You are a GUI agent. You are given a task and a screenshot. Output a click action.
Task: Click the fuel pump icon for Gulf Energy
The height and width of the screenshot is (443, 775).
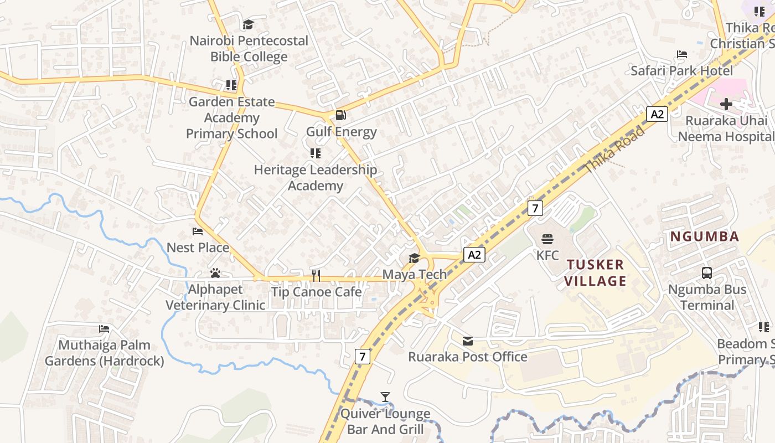(x=341, y=115)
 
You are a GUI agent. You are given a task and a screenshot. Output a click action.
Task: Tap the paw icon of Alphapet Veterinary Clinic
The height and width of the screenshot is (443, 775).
(x=215, y=273)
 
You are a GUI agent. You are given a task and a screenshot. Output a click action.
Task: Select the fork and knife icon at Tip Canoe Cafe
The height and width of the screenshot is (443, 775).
(x=316, y=275)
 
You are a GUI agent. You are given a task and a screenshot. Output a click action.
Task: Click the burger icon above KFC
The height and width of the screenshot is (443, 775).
(x=547, y=239)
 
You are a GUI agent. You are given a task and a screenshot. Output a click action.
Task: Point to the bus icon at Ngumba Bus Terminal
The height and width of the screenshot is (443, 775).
(x=707, y=273)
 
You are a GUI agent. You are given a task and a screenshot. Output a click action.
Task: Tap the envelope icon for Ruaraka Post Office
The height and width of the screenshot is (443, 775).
(x=468, y=341)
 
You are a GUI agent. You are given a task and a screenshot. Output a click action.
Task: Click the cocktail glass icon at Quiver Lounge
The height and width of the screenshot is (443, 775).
(x=385, y=397)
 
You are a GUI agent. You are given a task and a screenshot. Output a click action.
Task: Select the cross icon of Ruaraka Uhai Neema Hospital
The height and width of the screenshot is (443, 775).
(x=726, y=104)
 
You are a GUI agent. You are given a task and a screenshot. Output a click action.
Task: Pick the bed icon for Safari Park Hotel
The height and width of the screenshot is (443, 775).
(x=682, y=54)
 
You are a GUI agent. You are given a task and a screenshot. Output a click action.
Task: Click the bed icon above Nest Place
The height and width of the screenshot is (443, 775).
(x=198, y=231)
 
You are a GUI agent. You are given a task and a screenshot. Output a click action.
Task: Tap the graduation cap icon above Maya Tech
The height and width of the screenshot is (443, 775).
(x=414, y=258)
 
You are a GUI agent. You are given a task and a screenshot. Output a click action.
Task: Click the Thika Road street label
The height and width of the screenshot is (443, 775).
(x=614, y=150)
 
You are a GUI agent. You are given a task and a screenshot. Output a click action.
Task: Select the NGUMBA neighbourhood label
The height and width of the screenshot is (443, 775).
(x=705, y=237)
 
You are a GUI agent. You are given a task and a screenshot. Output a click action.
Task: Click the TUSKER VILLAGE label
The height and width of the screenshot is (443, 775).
(x=595, y=272)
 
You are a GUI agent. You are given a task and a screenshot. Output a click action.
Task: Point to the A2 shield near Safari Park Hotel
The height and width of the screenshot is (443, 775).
(x=657, y=115)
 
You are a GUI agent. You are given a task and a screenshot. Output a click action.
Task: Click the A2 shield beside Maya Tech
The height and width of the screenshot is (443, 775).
(x=474, y=255)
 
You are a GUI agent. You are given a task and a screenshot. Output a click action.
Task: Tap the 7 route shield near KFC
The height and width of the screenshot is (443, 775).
(x=535, y=208)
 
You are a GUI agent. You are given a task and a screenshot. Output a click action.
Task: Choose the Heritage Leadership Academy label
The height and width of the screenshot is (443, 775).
(x=316, y=178)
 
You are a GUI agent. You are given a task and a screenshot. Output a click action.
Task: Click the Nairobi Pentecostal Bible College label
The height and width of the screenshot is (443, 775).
(x=249, y=49)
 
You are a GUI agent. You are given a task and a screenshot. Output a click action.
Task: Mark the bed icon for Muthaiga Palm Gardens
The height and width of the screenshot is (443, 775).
(x=104, y=329)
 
